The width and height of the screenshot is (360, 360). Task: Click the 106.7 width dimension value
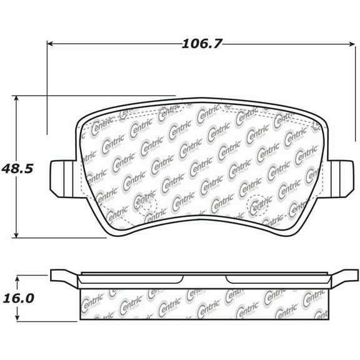[202, 44]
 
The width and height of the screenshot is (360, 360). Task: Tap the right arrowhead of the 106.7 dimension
[351, 44]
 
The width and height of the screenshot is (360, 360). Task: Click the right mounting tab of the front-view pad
[341, 177]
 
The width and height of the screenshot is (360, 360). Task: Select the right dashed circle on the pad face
[257, 204]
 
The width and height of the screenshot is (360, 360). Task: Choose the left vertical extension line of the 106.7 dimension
[47, 87]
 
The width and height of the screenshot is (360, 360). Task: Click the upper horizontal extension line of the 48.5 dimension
[94, 96]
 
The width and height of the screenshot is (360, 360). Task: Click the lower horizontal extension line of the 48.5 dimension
[62, 237]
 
